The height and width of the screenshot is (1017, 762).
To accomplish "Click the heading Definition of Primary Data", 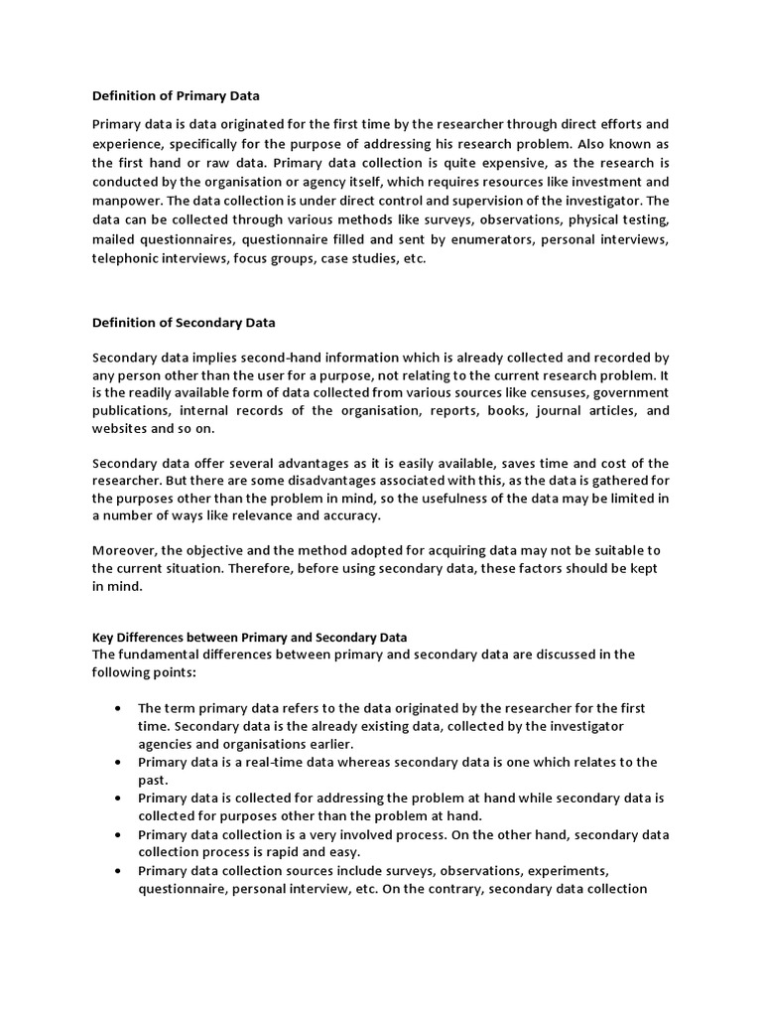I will [x=176, y=96].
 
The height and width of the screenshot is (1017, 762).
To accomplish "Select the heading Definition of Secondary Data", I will [x=184, y=323].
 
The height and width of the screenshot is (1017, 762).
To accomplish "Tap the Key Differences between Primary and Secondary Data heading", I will [x=249, y=637].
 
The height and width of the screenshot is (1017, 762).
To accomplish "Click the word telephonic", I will [x=127, y=258].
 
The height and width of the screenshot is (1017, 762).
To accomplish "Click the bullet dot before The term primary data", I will [x=117, y=709].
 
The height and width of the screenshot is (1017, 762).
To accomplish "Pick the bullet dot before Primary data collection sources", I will [x=117, y=871].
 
